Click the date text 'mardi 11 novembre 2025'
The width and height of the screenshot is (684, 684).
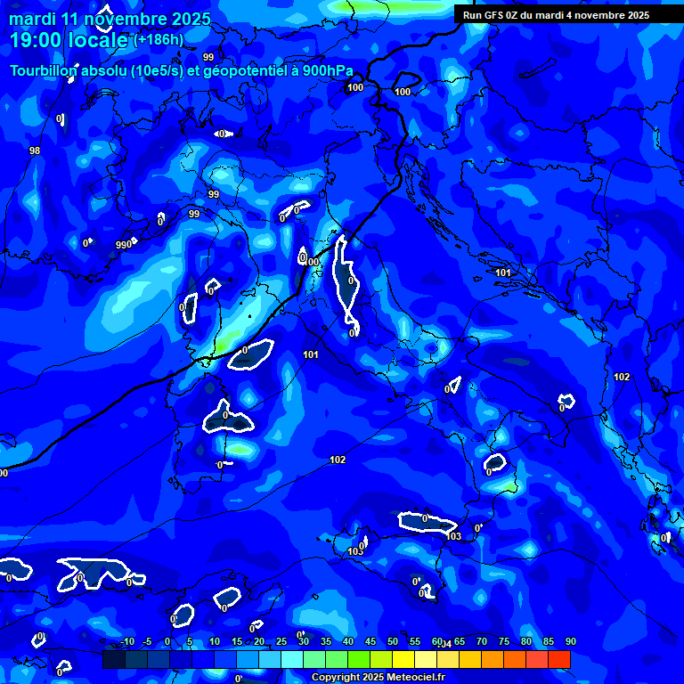(110, 19)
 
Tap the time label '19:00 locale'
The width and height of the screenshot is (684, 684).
(69, 40)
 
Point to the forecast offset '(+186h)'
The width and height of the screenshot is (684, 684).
(159, 39)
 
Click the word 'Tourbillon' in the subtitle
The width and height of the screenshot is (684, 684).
(42, 70)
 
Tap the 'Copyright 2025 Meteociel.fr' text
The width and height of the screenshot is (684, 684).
(379, 677)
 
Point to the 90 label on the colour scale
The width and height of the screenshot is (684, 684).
(570, 641)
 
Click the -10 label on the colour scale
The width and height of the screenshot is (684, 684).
(126, 641)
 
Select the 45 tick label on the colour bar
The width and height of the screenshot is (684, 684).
(370, 641)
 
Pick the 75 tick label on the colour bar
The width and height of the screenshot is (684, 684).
(504, 641)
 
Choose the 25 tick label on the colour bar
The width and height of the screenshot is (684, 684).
(281, 641)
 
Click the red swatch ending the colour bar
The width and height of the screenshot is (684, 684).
(559, 659)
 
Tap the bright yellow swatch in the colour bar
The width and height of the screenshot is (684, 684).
(403, 659)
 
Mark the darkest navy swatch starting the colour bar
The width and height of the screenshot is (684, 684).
(113, 659)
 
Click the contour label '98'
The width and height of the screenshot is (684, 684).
(35, 151)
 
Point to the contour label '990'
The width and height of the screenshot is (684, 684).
(124, 245)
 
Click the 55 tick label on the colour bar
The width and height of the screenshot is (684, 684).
(415, 641)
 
